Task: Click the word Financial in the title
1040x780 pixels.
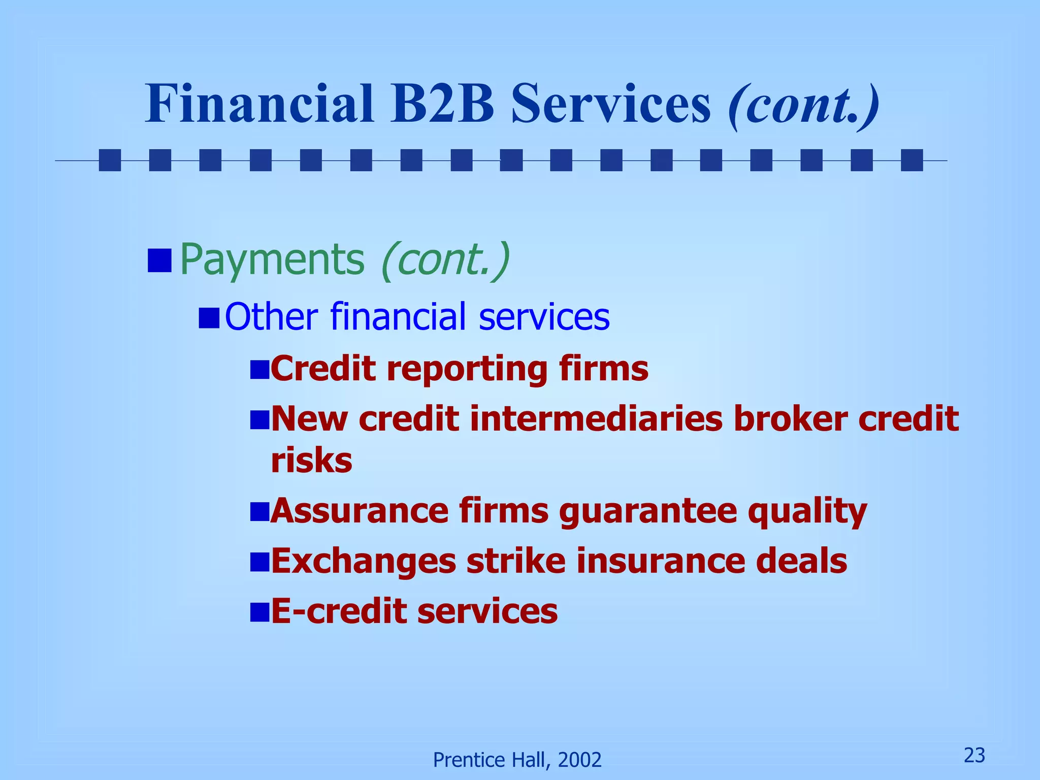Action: coord(259,104)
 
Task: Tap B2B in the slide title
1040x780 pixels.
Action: coord(442,104)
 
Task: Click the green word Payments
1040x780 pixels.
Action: coord(272,260)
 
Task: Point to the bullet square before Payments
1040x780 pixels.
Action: coord(159,261)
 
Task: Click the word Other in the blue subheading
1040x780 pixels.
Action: coord(271,316)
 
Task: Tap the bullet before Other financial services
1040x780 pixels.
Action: coord(209,318)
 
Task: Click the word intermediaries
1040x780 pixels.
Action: coord(596,419)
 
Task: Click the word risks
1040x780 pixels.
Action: coord(311,461)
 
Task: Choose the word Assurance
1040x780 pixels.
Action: coord(360,511)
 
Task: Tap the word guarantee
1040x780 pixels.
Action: coord(648,512)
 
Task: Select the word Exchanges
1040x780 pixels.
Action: coord(364,562)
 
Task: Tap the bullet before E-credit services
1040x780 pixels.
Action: coord(259,612)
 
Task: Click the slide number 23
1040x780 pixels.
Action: coord(974,756)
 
